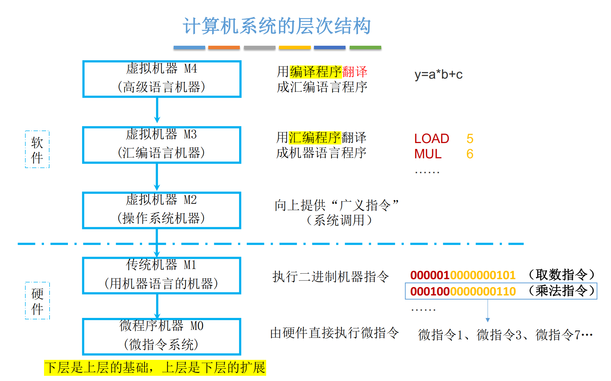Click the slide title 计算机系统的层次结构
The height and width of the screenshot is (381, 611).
277,26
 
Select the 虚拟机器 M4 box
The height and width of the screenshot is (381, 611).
162,79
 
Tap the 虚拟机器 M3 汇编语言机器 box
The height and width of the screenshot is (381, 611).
162,145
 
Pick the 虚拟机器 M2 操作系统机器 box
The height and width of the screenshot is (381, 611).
162,210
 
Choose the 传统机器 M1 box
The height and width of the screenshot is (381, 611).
162,275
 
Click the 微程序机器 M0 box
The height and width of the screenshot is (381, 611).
162,336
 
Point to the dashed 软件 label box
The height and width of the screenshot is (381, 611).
37,150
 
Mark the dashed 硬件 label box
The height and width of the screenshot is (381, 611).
37,301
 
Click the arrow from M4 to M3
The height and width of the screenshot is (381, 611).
157,110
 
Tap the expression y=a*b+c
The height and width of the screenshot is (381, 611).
438,74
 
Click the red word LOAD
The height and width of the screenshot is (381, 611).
431,139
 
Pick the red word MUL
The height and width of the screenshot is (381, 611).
428,154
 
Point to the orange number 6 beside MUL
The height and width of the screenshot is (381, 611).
470,154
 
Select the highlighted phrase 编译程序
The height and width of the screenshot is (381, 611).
316,72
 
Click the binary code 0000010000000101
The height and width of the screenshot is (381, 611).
463,275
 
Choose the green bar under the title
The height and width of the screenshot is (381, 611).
365,47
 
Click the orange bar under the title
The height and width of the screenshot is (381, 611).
224,47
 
